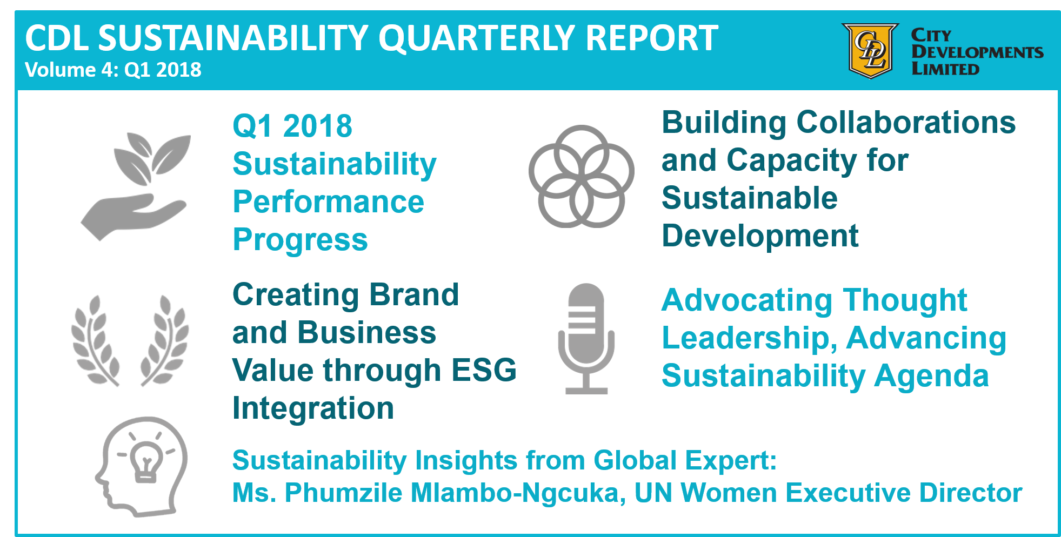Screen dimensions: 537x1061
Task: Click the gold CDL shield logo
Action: coord(870,50)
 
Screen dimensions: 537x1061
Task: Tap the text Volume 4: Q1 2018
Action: coord(113,70)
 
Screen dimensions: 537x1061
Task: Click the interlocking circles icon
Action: coord(581,177)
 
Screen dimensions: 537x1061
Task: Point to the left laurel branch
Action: coord(95,340)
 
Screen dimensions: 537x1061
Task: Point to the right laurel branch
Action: coord(165,340)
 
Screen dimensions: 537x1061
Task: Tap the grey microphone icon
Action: coord(586,338)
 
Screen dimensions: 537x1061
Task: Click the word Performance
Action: coord(328,202)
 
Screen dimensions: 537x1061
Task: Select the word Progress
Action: coord(300,240)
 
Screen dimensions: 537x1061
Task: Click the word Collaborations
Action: coord(906,123)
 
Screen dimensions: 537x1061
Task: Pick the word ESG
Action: coord(484,371)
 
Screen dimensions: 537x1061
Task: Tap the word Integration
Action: coord(313,408)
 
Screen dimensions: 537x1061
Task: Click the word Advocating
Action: coord(746,300)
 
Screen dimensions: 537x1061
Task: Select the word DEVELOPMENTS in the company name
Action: coord(977,52)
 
